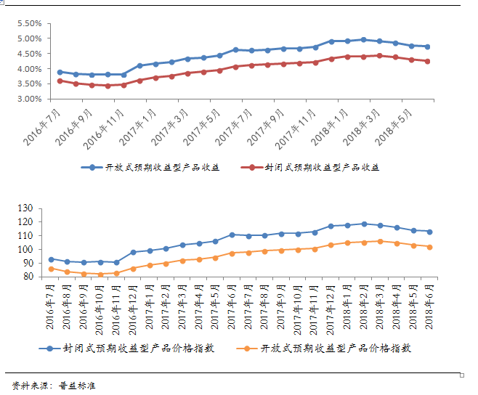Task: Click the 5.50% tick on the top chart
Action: (28, 23)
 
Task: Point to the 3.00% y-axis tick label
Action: (28, 99)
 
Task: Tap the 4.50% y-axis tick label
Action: (28, 54)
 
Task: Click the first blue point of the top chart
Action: (60, 72)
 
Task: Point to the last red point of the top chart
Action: (427, 61)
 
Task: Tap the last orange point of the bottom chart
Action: (429, 247)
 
